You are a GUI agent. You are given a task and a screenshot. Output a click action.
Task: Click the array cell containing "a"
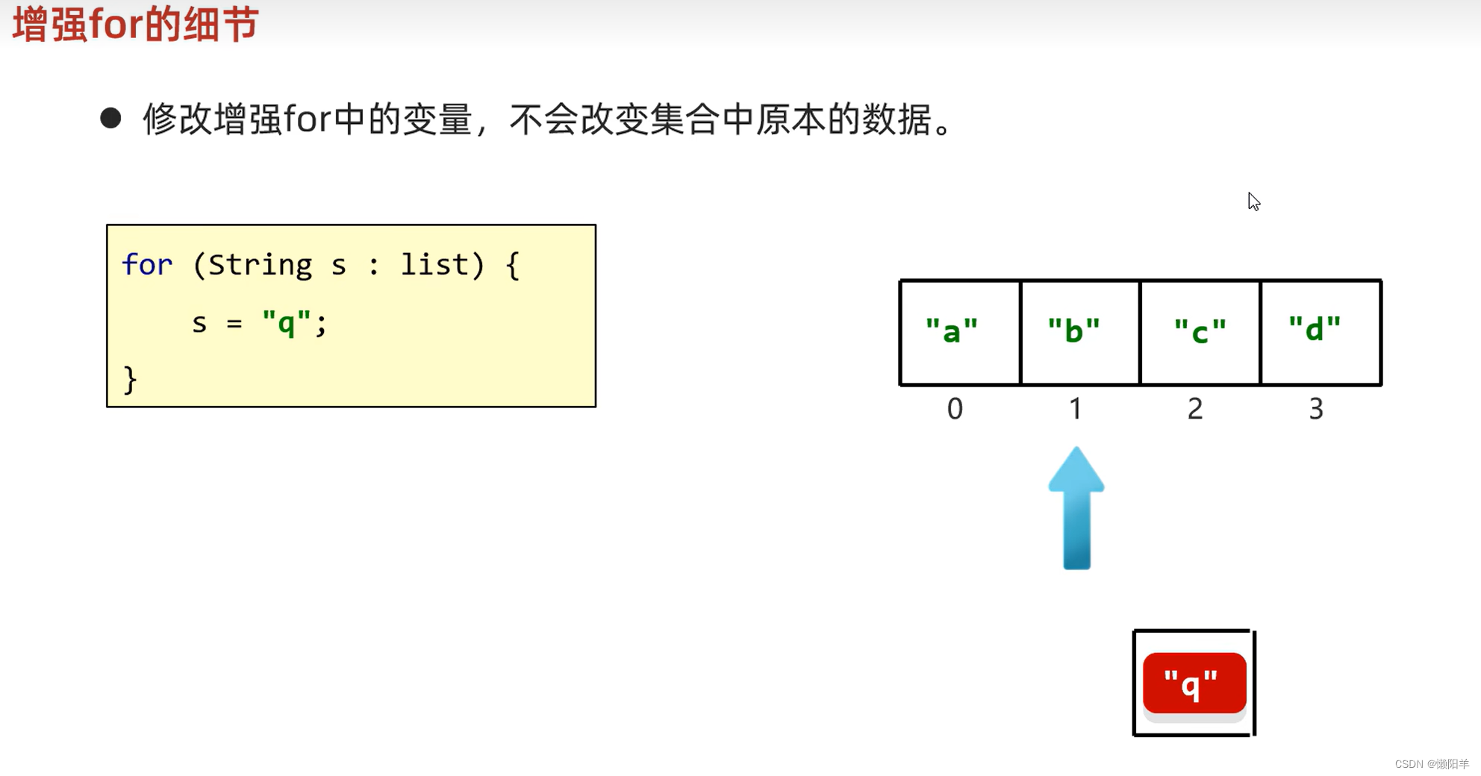point(959,332)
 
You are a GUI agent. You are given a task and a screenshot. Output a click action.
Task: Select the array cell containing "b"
point(1079,332)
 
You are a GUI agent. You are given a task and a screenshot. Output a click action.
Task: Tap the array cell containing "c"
point(1200,332)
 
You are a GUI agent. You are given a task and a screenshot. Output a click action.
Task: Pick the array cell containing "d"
point(1320,332)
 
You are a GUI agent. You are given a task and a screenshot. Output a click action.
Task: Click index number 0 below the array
point(955,409)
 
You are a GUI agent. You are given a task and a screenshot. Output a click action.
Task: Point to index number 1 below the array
point(1075,409)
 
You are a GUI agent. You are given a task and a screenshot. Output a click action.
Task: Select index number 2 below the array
point(1195,409)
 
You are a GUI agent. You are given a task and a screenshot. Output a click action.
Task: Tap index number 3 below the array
point(1316,409)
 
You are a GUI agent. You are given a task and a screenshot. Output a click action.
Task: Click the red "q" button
point(1194,683)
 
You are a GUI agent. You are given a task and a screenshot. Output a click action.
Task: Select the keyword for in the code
point(147,265)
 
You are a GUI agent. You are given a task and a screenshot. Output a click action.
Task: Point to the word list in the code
point(434,265)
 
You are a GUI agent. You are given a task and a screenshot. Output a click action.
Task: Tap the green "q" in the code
point(286,323)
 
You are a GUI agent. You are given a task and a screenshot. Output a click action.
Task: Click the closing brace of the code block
point(130,380)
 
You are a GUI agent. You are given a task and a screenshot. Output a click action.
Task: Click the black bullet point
point(110,118)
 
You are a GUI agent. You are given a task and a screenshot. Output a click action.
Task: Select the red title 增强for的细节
point(136,24)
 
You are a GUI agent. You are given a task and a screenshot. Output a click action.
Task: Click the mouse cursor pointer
point(1253,201)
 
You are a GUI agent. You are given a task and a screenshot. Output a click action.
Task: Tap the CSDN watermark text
point(1431,764)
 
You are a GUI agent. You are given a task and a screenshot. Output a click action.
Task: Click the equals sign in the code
point(234,324)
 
